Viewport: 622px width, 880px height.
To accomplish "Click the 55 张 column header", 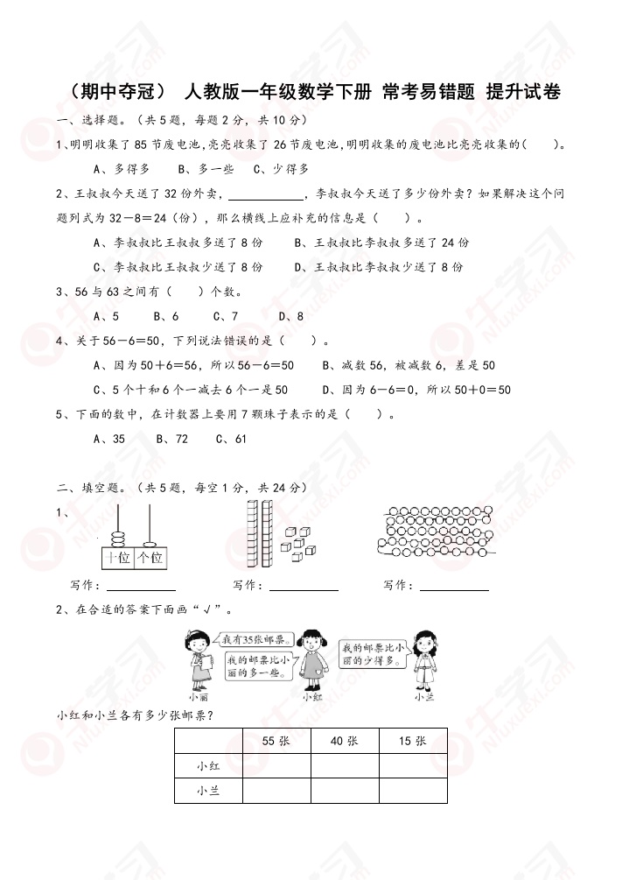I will point(276,741).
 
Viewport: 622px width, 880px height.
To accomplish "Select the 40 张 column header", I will point(345,741).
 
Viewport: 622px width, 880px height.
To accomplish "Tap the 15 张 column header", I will point(413,741).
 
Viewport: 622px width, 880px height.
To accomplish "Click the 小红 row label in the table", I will point(208,766).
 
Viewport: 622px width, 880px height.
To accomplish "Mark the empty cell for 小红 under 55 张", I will point(276,766).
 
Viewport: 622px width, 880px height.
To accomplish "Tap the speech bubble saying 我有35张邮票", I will point(248,639).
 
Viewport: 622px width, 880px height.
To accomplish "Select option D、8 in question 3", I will point(291,316).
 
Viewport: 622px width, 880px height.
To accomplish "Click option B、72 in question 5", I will point(172,439).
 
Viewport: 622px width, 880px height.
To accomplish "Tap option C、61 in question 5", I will point(231,439).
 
